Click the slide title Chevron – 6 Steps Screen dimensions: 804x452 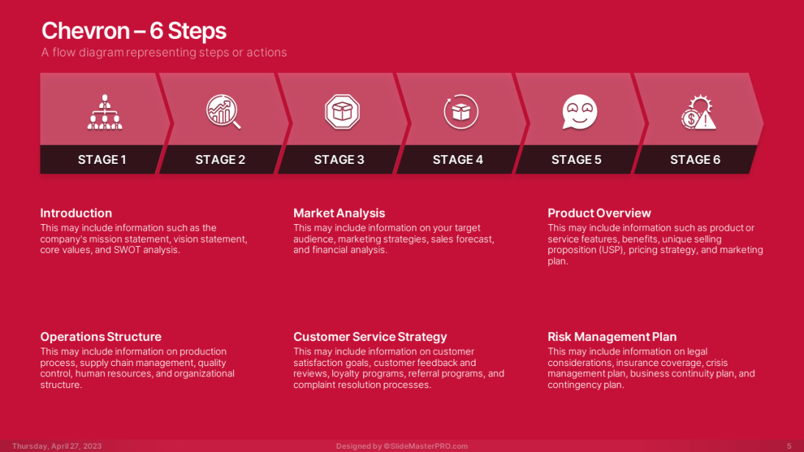point(134,31)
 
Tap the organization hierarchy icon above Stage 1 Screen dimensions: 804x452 point(104,112)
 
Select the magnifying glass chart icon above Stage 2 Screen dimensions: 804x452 point(223,112)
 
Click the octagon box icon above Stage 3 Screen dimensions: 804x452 point(342,112)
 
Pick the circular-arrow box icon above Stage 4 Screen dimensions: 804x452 point(461,112)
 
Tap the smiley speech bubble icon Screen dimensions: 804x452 point(580,112)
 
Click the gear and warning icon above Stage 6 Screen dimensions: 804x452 point(698,112)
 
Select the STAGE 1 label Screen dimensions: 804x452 point(102,159)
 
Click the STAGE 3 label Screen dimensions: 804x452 point(339,159)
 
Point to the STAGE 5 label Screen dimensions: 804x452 point(576,159)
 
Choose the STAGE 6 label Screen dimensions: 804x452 point(695,159)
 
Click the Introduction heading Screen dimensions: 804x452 point(76,213)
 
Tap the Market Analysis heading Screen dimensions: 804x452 point(339,213)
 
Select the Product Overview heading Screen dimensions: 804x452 point(599,213)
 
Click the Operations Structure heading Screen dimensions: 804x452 point(101,337)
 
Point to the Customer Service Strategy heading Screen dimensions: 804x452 point(370,337)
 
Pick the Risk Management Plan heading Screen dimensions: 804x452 point(611,337)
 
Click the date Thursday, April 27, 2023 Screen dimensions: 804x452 point(57,446)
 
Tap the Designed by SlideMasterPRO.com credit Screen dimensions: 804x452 point(402,446)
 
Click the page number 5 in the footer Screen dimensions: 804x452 point(789,446)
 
